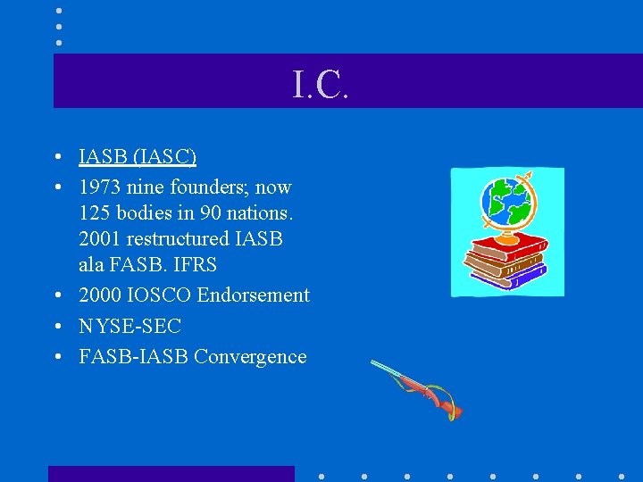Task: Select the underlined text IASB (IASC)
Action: click(138, 157)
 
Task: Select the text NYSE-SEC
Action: click(129, 327)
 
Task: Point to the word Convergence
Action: click(250, 357)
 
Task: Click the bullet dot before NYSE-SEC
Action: click(57, 327)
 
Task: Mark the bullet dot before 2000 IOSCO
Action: click(57, 295)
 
